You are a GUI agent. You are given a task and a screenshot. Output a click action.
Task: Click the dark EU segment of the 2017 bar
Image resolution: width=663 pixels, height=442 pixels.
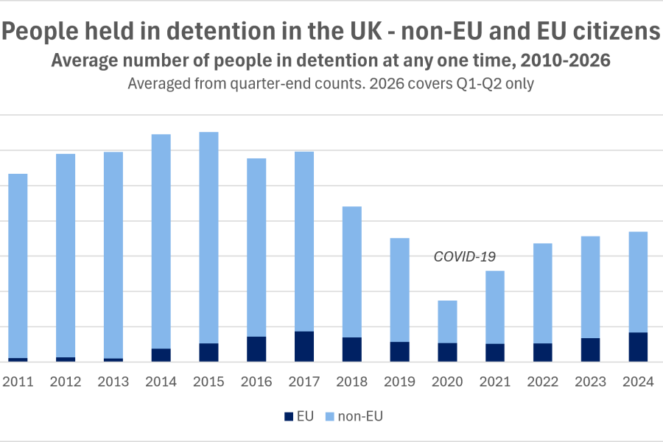coord(304,346)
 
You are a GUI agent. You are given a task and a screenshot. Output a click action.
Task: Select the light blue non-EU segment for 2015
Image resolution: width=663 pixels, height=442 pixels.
coord(209,238)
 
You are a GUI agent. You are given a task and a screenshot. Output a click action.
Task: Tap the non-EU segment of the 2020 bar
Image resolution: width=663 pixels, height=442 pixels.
coord(447,322)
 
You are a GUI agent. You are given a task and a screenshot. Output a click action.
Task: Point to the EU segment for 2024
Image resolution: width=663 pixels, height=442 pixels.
coord(638,347)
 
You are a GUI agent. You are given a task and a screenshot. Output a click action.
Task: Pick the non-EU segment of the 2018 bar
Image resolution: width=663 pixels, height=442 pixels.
coord(352,272)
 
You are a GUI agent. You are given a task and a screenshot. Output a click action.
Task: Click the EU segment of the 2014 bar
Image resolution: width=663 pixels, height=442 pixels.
coord(161,355)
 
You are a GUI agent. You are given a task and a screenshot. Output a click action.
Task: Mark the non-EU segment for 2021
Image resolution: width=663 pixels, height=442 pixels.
coord(495,307)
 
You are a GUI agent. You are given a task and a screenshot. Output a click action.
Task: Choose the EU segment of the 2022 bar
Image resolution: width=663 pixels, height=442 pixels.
coord(543,352)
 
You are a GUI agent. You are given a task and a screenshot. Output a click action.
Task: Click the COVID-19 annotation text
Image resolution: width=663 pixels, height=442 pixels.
coord(465,256)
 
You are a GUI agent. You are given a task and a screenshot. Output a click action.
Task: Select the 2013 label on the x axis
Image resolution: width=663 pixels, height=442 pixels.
coord(113,382)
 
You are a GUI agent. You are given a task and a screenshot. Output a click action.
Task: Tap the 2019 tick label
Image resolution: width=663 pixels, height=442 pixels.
coord(399,382)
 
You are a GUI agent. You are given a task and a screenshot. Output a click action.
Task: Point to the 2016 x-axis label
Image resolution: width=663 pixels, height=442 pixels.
coord(256,382)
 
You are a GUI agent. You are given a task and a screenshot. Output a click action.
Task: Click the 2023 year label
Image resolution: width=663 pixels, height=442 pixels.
coord(591,382)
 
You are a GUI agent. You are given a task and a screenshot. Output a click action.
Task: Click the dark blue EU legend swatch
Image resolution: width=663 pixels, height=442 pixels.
coord(289,417)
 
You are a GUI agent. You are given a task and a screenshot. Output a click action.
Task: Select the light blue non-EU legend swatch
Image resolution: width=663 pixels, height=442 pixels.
coord(330,417)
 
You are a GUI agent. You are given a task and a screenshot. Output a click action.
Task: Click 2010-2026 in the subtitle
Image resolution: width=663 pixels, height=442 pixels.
coord(565,60)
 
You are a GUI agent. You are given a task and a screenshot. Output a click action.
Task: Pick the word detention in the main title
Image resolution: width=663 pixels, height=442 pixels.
coord(219,31)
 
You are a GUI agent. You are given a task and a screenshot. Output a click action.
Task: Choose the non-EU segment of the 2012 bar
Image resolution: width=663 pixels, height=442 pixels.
coord(66,256)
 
